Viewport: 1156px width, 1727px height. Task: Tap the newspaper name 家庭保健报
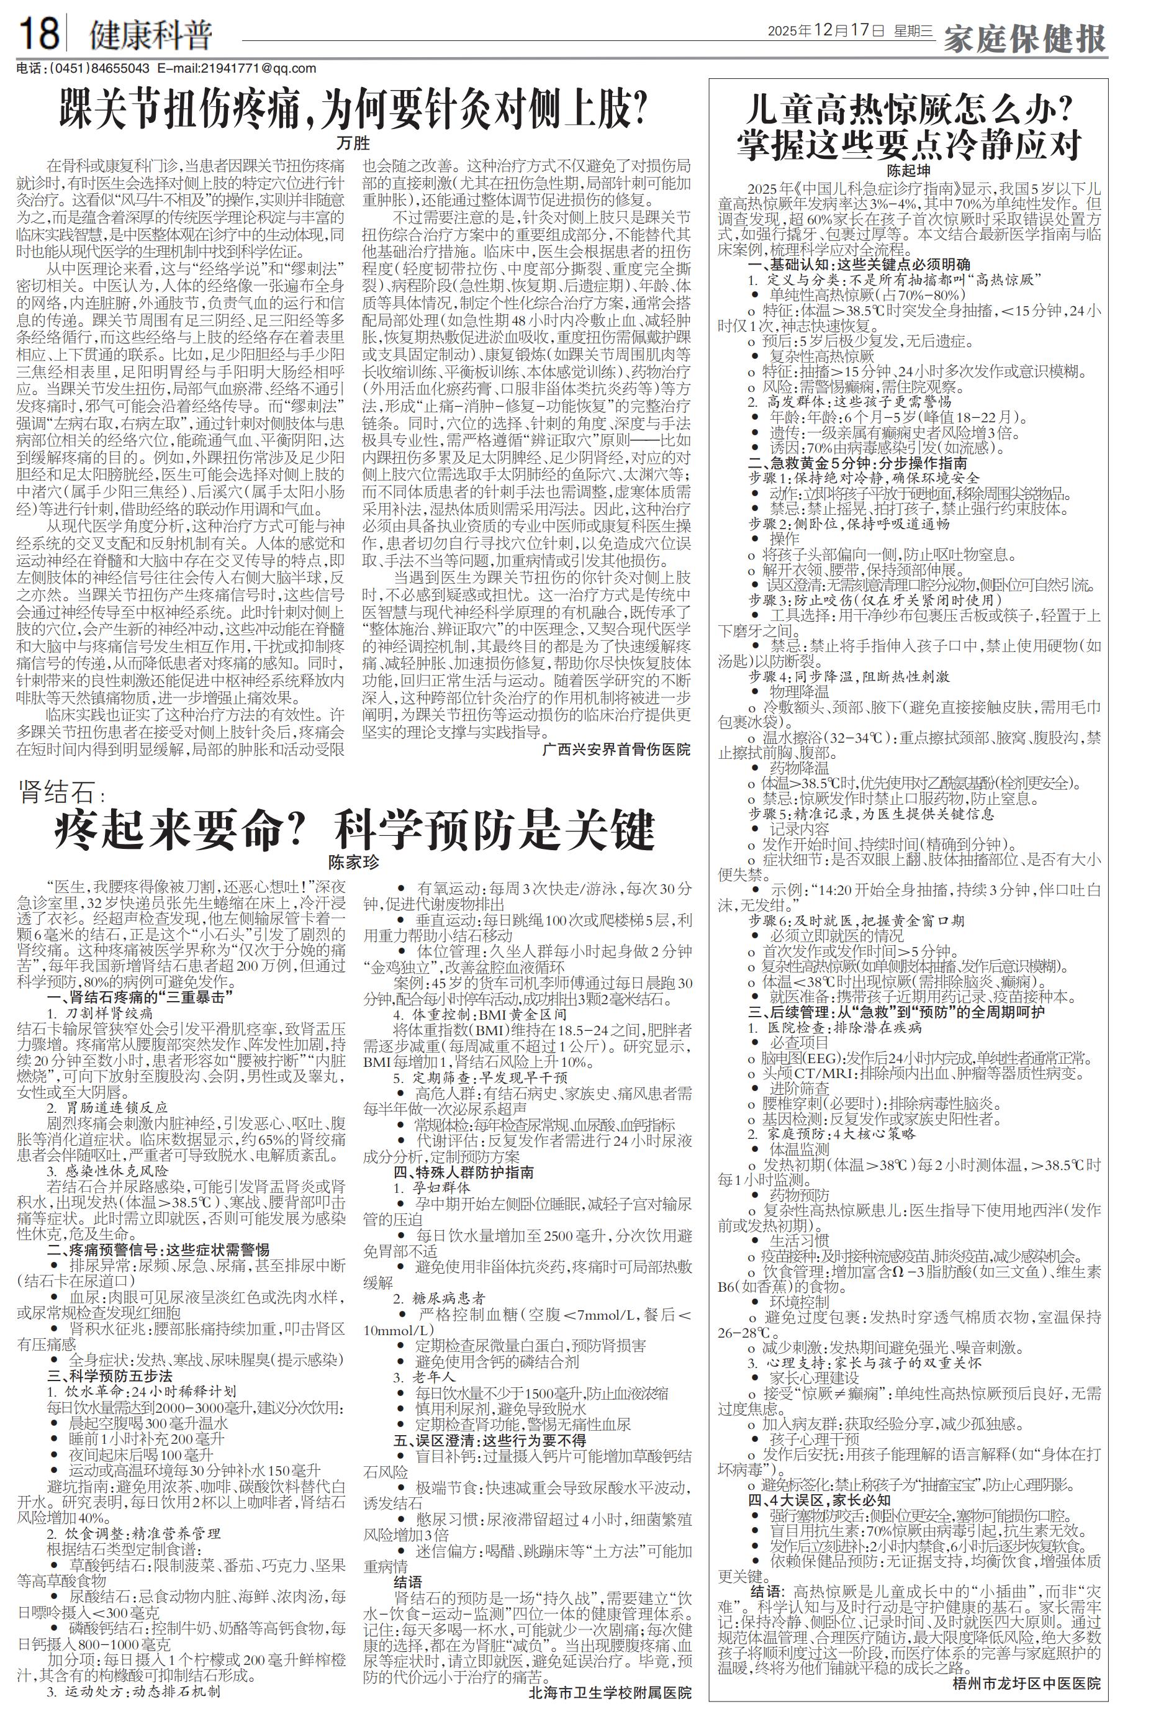tap(1025, 39)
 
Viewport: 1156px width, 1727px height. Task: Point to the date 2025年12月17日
tap(825, 31)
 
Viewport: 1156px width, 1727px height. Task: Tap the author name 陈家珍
tap(354, 861)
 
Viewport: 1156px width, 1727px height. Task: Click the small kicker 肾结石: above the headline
tap(63, 794)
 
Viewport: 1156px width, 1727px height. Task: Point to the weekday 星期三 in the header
tap(913, 31)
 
